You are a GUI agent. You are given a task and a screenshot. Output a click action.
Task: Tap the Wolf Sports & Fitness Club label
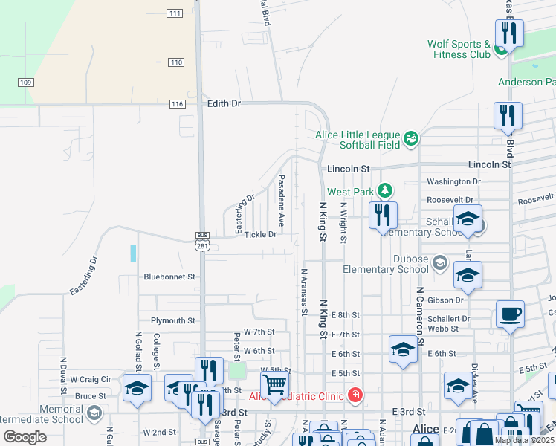[459, 49]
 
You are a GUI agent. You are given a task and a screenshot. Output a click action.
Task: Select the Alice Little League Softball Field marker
[410, 138]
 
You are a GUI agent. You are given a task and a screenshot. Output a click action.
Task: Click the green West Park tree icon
[384, 191]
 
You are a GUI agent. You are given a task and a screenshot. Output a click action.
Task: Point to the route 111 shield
[175, 13]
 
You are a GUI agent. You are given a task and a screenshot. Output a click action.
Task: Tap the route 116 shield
[176, 104]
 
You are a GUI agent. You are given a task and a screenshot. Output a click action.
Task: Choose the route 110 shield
[175, 62]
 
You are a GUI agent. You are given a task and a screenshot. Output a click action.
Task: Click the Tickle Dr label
[260, 235]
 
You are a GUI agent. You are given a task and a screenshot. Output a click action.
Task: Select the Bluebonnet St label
[169, 277]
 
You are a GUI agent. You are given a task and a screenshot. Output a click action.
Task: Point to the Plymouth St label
[172, 321]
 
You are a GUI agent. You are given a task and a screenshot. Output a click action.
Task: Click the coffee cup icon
[510, 314]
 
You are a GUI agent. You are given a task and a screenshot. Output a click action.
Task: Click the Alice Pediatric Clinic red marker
[355, 394]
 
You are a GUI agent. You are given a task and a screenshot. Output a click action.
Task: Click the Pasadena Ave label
[282, 201]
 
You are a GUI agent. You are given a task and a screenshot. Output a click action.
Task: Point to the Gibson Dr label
[445, 300]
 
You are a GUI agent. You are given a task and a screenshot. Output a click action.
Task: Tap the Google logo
[25, 436]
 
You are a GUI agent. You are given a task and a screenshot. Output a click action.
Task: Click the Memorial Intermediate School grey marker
[94, 413]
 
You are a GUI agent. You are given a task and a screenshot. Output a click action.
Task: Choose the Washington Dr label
[453, 181]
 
